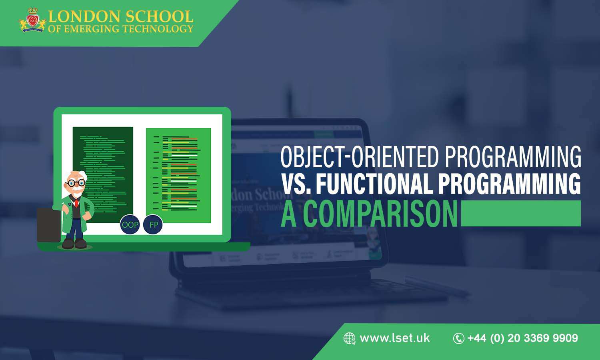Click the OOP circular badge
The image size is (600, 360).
click(x=130, y=225)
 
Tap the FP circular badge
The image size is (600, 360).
click(x=153, y=225)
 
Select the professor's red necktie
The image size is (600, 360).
click(x=76, y=203)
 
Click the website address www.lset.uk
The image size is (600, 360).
click(x=394, y=338)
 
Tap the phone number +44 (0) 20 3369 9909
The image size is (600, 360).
click(x=522, y=338)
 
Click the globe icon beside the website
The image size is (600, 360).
click(x=349, y=338)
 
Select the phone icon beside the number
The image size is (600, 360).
click(x=458, y=338)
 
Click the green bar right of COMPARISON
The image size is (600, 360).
click(x=520, y=213)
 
